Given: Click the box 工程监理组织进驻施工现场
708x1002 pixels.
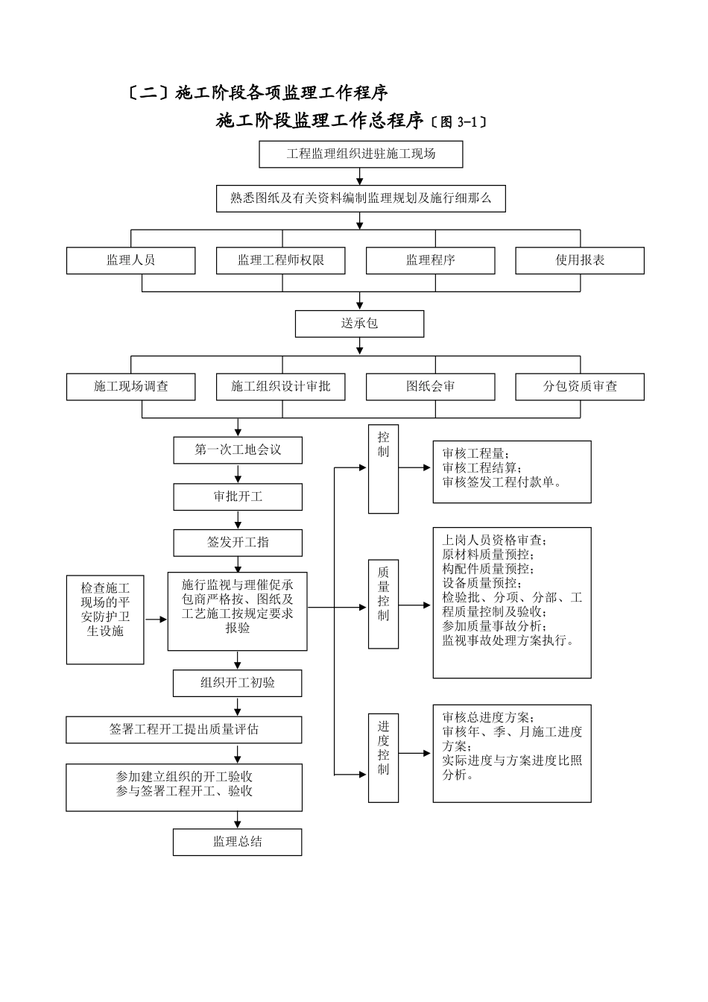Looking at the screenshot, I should click(x=361, y=154).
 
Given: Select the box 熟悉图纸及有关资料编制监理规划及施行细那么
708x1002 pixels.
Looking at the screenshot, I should click(x=361, y=198).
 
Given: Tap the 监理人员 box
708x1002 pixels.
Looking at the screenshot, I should click(x=130, y=260).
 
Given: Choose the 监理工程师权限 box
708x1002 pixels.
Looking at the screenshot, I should click(x=281, y=260).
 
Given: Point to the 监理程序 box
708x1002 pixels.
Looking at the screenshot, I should click(x=430, y=260).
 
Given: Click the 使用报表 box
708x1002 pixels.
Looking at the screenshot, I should click(x=580, y=260).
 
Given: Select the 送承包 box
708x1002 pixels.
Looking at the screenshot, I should click(x=359, y=324).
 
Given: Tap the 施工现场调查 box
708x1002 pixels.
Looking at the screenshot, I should click(x=130, y=386).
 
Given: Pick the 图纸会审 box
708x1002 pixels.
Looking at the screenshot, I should click(x=430, y=386).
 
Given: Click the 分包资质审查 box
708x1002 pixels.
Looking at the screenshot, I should click(x=580, y=386).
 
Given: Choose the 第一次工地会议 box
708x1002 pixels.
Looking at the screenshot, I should click(x=238, y=450).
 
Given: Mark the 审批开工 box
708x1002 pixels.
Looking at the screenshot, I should click(x=238, y=497).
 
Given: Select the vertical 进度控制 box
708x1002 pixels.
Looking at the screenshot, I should click(x=383, y=757).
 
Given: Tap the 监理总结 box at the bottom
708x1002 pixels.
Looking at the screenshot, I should click(x=237, y=842).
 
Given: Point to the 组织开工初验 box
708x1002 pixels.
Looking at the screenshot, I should click(x=237, y=683).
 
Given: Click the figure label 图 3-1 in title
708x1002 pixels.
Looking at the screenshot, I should click(x=458, y=122).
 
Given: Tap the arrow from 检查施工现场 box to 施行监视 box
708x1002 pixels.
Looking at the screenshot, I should click(x=155, y=619).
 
